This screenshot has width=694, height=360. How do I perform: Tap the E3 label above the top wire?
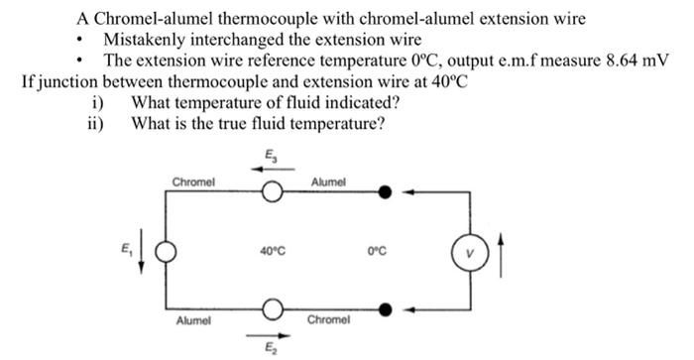(272, 152)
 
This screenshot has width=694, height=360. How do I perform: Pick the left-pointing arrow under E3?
(272, 169)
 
